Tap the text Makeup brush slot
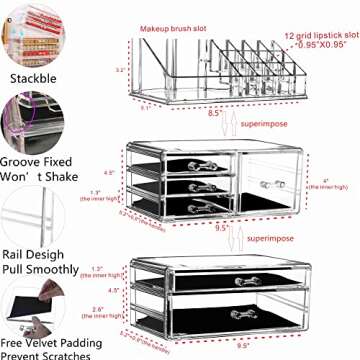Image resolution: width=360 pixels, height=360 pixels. (x=175, y=28)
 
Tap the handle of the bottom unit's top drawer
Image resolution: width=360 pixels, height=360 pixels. (x=243, y=281)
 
